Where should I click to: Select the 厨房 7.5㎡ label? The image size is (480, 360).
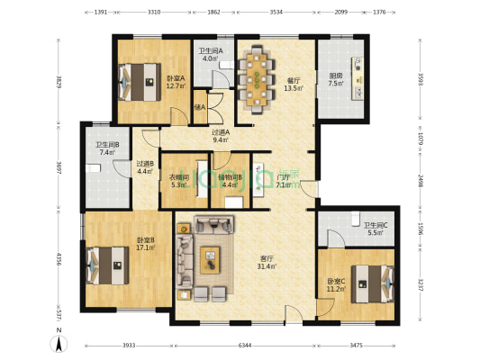(336, 79)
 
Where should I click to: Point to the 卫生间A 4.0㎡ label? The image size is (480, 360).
(210, 55)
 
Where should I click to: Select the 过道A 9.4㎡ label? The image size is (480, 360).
(221, 136)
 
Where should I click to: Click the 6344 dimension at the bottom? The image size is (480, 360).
(240, 346)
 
